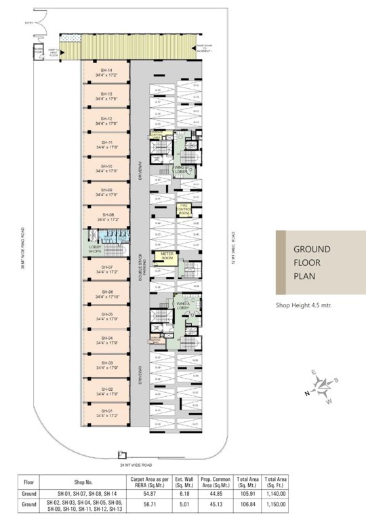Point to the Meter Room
coord(165,256)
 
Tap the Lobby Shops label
coord(94,249)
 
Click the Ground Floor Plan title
coord(312,263)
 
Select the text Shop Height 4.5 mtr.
coord(303,305)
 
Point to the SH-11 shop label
coord(106,144)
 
